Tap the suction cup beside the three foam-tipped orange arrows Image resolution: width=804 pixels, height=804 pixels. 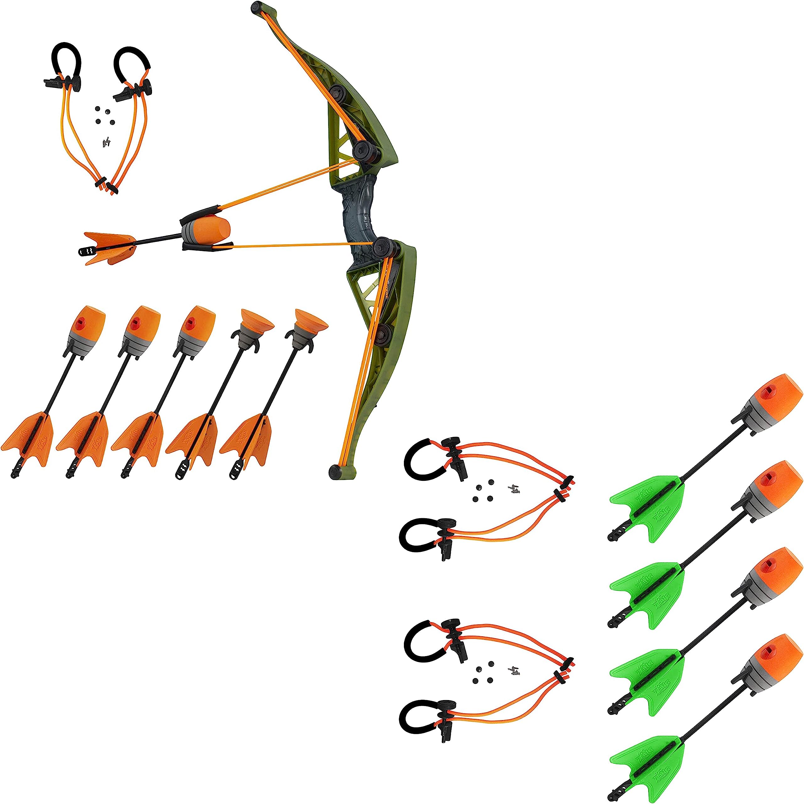[x=257, y=320]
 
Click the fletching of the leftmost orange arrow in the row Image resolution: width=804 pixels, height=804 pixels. [x=29, y=435]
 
